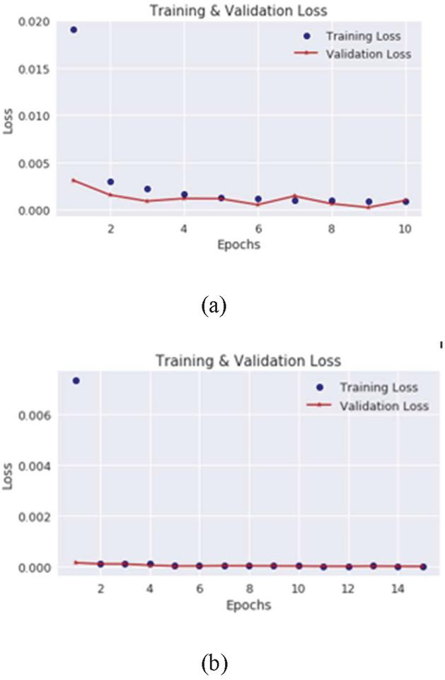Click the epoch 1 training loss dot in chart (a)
74,30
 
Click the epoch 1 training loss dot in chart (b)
76,380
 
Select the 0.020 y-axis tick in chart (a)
35,22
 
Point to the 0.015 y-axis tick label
35,69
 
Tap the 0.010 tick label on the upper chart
35,115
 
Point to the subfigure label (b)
214,663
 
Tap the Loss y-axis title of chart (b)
10,480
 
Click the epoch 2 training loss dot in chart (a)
110,182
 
